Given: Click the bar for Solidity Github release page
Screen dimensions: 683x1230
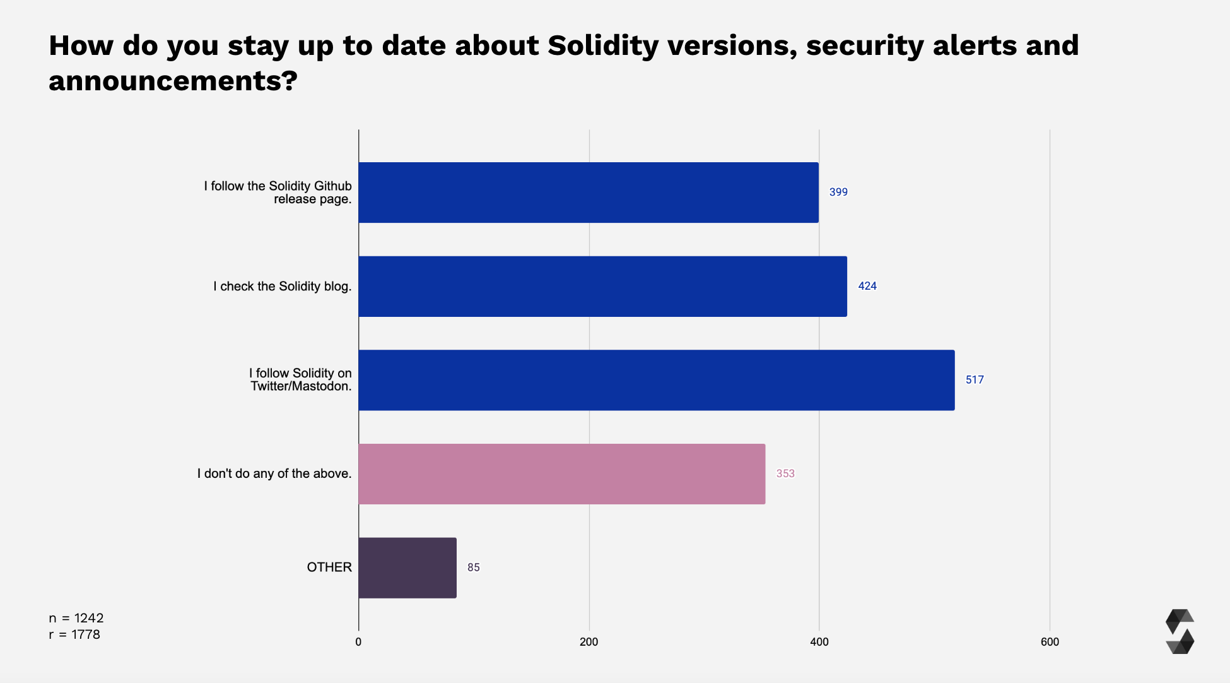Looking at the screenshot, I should pos(588,193).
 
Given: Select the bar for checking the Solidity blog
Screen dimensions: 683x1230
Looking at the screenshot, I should pos(602,286).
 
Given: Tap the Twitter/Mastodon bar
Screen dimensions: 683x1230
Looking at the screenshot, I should pos(656,380).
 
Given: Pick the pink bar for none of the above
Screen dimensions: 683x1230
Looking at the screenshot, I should pos(561,473).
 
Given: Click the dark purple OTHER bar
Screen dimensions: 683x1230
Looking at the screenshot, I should pos(407,567).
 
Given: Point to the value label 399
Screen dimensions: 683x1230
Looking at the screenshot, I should pos(838,192).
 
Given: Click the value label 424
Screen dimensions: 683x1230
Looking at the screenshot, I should pos(867,286).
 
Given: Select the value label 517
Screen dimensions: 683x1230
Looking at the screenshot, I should pos(975,380).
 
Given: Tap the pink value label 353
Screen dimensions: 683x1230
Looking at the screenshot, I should pos(785,473).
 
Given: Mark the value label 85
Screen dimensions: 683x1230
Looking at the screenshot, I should pos(474,567).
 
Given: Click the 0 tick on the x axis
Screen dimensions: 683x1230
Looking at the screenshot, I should pos(358,642).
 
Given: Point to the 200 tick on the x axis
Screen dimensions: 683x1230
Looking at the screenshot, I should pos(589,642).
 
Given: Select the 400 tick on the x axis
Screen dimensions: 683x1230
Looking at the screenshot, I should pos(819,642).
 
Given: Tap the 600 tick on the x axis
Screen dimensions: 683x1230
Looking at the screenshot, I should pos(1050,642).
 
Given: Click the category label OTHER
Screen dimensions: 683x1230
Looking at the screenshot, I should pos(329,567).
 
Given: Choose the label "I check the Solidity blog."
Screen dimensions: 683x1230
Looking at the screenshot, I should pos(282,287).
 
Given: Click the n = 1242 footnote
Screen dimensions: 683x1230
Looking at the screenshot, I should pos(76,618).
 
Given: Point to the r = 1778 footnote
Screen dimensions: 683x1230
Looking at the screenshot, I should pos(74,634).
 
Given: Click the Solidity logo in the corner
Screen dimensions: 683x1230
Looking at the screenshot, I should pos(1180,631).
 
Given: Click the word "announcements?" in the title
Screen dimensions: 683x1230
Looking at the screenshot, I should pos(173,81).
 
